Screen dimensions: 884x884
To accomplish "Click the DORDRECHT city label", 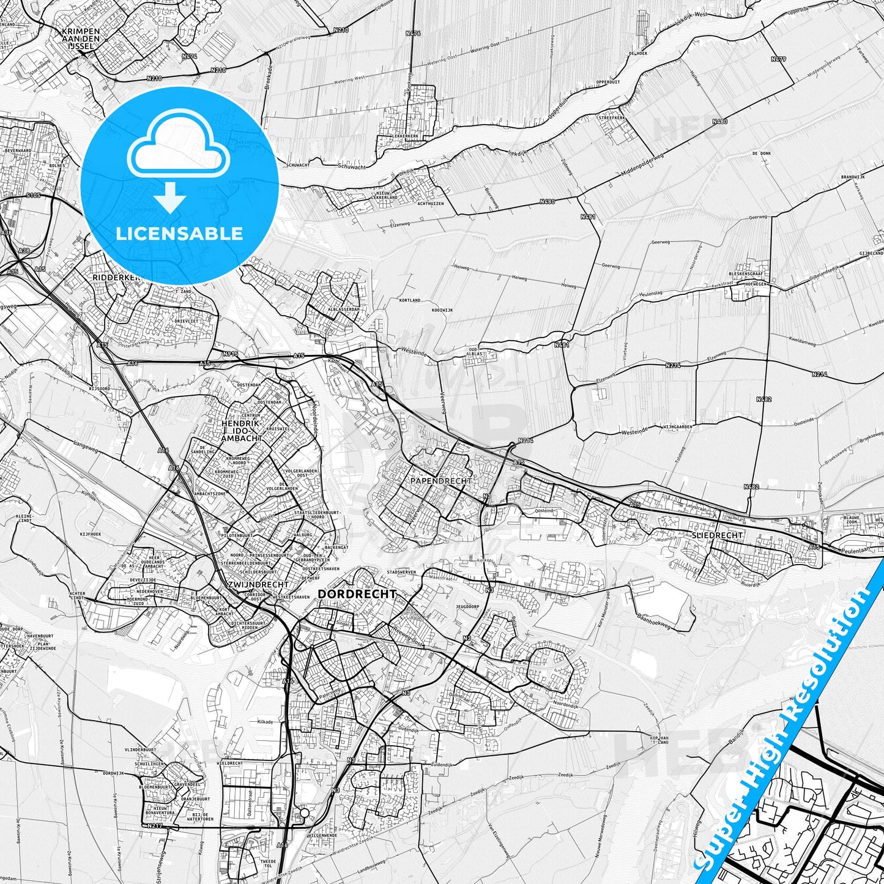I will pyautogui.click(x=357, y=594).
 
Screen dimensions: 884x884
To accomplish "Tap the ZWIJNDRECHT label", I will pyautogui.click(x=248, y=585).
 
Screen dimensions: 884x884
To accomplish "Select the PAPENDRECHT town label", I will pyautogui.click(x=440, y=481).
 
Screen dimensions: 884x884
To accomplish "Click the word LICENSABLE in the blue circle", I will pyautogui.click(x=180, y=234).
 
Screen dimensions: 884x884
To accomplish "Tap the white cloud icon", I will pyautogui.click(x=179, y=149).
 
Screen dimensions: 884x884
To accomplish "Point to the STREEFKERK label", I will pyautogui.click(x=612, y=117).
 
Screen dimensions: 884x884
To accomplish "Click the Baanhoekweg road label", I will pyautogui.click(x=653, y=624).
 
